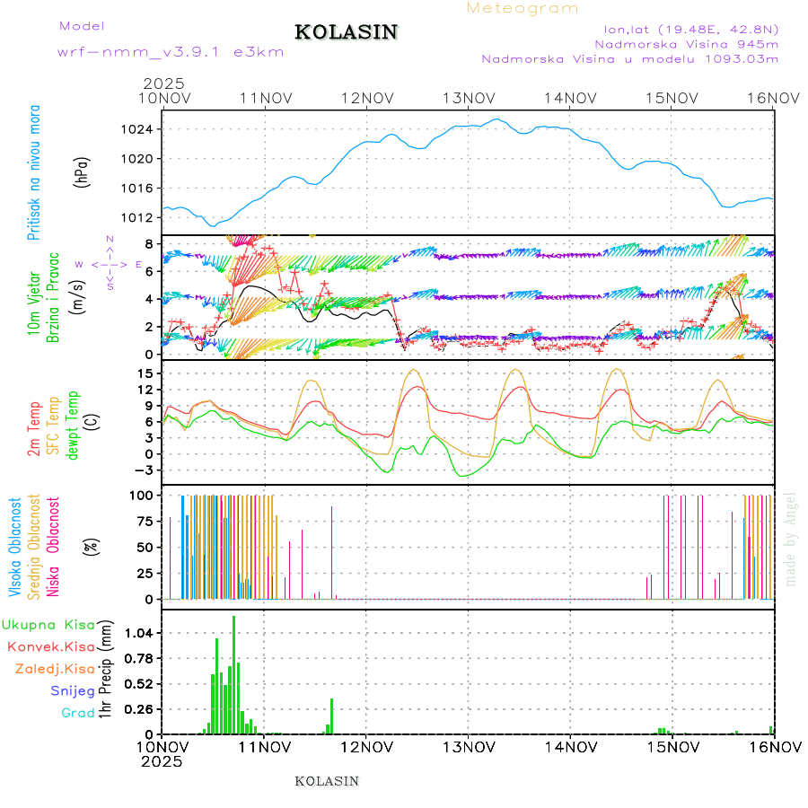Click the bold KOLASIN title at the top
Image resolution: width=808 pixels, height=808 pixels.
tap(346, 32)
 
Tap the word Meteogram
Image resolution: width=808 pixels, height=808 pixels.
tap(523, 8)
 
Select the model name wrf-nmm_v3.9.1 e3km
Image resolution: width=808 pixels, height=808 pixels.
tap(171, 52)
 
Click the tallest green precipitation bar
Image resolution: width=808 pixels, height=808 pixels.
tap(234, 673)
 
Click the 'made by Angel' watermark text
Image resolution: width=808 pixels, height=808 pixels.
tap(791, 539)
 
